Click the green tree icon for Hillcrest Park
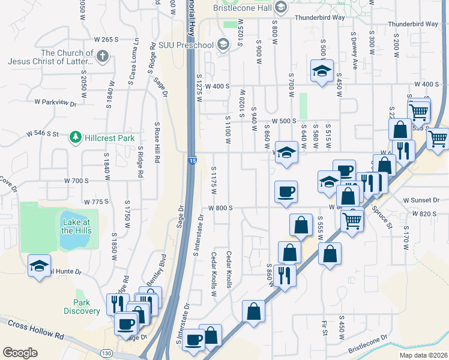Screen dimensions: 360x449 (x=76, y=137)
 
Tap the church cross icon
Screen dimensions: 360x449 (x=103, y=56)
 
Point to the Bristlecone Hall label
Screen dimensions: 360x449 (x=242, y=7)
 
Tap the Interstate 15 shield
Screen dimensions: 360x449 (x=191, y=161)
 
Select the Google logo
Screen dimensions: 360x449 (x=20, y=352)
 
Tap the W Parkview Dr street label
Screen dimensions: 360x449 (x=56, y=103)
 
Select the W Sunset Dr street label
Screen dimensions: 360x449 (x=421, y=200)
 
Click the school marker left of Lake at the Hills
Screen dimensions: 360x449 (x=40, y=266)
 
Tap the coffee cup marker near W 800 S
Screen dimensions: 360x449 (x=286, y=191)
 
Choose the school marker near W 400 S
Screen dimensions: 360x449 (x=322, y=71)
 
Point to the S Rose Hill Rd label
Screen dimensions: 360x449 (x=157, y=145)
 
